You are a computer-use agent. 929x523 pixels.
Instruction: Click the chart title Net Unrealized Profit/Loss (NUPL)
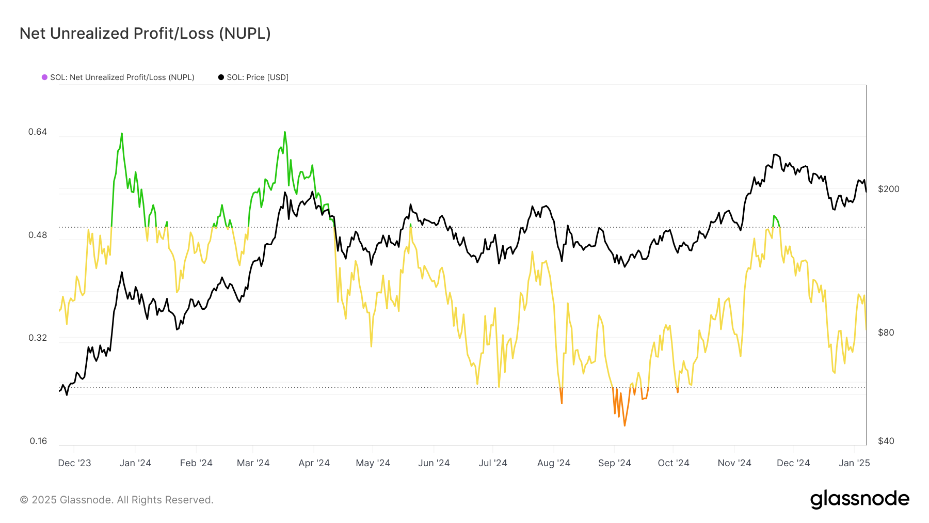point(145,34)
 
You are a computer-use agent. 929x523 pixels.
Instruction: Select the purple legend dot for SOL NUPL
point(45,77)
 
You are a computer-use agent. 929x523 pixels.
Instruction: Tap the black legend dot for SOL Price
point(221,77)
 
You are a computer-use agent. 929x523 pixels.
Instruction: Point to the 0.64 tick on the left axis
point(38,132)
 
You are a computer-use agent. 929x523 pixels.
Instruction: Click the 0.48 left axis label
point(38,235)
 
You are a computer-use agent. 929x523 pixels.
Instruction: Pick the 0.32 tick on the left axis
point(38,338)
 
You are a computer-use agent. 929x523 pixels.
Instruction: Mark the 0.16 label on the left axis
point(38,441)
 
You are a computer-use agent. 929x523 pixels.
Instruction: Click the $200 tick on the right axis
point(888,189)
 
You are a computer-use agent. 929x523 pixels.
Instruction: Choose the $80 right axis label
point(886,332)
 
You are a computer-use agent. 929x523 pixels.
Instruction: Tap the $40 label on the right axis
point(886,441)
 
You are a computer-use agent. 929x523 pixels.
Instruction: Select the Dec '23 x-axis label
point(74,463)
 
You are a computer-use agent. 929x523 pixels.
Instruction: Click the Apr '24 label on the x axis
point(314,463)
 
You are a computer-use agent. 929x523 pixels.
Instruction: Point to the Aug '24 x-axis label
point(553,463)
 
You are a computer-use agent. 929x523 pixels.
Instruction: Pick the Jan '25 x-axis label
point(854,463)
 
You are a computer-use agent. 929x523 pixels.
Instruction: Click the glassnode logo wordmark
point(859,499)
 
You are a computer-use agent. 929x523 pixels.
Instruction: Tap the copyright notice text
point(117,500)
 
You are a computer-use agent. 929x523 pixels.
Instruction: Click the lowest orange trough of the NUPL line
point(624,425)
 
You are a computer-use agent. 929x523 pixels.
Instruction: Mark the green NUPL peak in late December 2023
point(122,134)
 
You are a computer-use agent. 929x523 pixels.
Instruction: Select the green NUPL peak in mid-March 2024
point(284,132)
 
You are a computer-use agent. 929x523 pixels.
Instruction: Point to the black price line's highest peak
point(775,154)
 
